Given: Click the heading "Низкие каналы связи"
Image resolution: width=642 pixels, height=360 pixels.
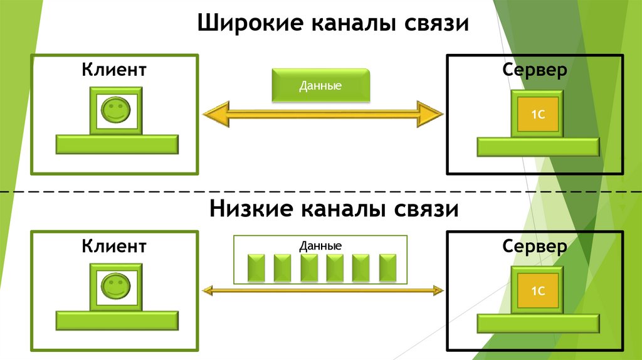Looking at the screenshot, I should tap(334, 208).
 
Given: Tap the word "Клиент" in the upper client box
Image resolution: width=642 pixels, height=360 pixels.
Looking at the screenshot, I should tap(113, 69).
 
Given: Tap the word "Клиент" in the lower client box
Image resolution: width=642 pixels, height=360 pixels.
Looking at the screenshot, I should tap(113, 245).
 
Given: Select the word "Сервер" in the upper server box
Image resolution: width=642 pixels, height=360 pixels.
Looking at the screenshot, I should tap(535, 70).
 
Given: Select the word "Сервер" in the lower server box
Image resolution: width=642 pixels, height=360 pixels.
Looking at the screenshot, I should tap(535, 246).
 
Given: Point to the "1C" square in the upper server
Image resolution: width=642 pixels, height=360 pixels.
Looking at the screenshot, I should tap(537, 115).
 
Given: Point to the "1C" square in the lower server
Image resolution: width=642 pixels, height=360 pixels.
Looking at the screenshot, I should tap(537, 292).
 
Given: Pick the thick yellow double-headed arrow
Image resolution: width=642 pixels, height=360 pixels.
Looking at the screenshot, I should tap(323, 114).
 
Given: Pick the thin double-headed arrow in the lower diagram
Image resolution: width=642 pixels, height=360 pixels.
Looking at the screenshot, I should tap(323, 290).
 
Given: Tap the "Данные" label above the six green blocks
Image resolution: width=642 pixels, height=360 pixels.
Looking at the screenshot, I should tap(320, 246).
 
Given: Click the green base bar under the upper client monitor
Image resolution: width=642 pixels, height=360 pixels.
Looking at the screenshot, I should tap(117, 145).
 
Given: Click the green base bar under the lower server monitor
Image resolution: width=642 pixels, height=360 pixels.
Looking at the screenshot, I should tap(537, 323).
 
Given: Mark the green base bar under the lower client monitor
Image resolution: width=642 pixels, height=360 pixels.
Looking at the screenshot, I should tap(117, 320).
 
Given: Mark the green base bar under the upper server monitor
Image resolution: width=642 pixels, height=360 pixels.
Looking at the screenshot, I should tap(537, 147).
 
